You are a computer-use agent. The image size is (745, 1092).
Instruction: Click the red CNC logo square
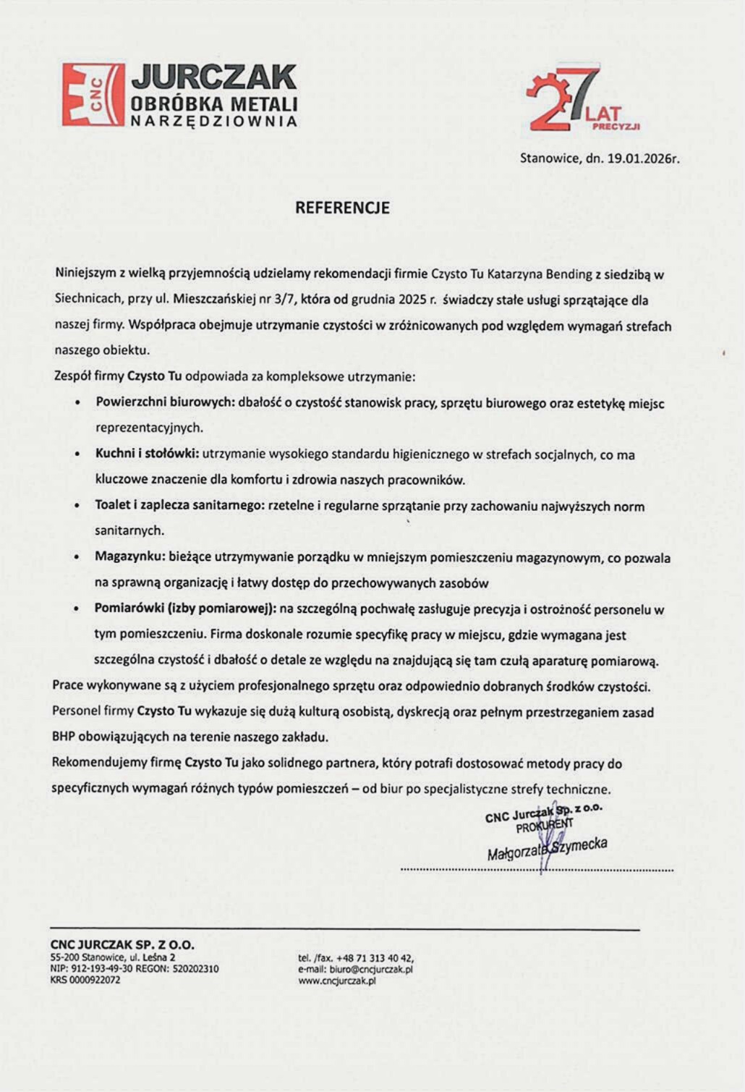[x=92, y=94]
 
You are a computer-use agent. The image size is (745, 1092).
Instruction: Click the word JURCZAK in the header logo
[x=214, y=77]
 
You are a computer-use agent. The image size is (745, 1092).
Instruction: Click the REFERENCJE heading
[x=342, y=208]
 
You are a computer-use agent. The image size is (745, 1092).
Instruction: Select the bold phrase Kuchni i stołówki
[x=146, y=454]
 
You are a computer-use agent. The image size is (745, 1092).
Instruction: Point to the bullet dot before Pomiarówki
[x=77, y=609]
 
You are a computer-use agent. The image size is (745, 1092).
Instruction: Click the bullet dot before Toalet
[x=77, y=507]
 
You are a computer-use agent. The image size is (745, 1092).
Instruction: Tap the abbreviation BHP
[x=64, y=737]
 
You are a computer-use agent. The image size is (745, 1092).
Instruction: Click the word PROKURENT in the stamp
[x=544, y=826]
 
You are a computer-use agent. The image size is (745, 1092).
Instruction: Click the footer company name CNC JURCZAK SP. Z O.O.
[x=122, y=944]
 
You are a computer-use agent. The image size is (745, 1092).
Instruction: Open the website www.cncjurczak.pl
[x=337, y=981]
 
